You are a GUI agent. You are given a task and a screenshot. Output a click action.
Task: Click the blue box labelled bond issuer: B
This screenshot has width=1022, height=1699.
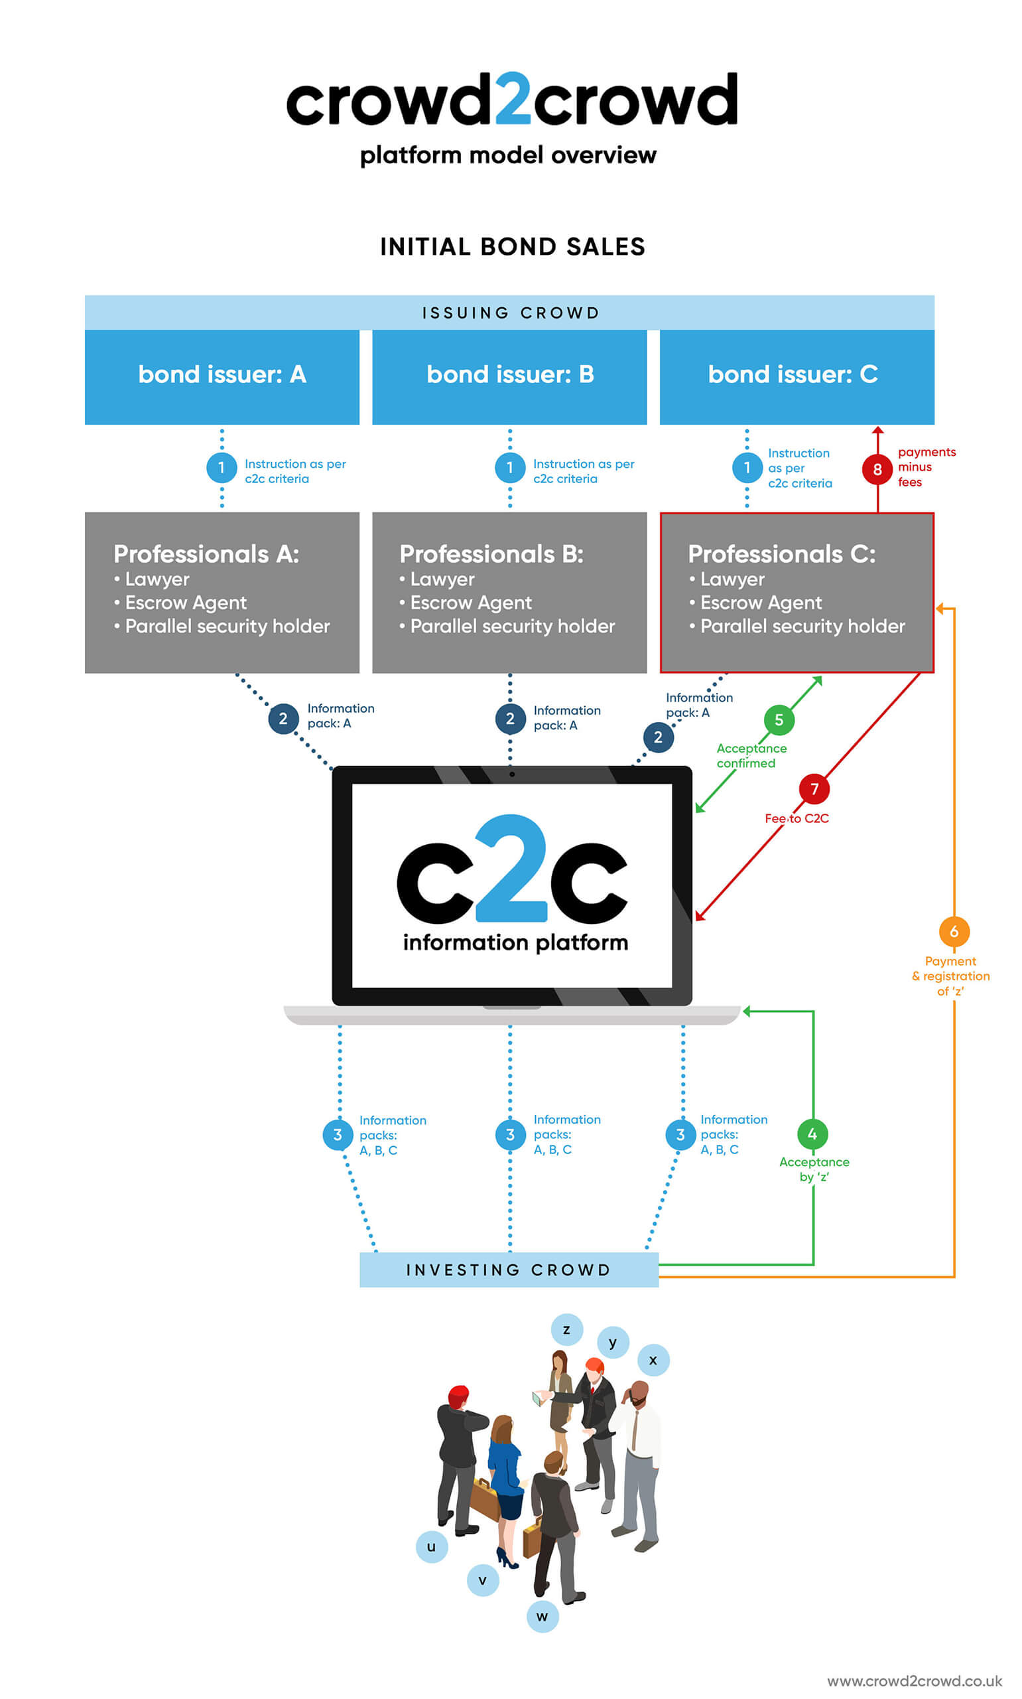tap(509, 376)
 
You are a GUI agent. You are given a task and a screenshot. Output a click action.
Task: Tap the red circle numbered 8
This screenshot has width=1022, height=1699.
tap(877, 469)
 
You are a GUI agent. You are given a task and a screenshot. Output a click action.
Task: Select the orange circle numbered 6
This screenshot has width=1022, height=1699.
tap(954, 932)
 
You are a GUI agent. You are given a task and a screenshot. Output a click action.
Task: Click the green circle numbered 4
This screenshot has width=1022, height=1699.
tap(812, 1134)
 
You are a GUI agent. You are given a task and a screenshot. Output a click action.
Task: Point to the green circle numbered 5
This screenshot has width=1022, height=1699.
tap(779, 720)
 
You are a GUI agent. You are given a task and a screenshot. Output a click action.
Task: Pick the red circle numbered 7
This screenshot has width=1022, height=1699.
tap(814, 789)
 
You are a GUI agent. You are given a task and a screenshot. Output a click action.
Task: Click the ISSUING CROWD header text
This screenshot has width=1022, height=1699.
tap(510, 313)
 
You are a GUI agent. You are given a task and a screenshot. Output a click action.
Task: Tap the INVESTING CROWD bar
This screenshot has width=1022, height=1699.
tap(509, 1270)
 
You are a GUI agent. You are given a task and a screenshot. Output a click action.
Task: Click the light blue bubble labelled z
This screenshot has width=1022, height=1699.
tap(567, 1330)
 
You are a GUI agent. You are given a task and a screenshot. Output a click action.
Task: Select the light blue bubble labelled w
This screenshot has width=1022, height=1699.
tap(542, 1616)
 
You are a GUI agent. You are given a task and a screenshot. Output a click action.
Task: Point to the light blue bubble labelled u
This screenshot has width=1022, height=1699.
tap(432, 1547)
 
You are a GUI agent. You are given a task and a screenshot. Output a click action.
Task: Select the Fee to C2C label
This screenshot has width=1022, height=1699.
tap(796, 818)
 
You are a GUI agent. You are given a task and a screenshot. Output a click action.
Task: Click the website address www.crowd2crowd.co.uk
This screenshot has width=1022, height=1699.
tap(914, 1680)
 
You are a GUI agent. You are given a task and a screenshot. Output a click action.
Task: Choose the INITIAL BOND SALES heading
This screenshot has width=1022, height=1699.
tap(513, 247)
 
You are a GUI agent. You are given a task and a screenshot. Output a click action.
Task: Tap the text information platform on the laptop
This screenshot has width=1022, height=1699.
tap(515, 942)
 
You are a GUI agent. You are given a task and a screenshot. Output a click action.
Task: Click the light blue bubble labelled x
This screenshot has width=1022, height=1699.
tap(653, 1360)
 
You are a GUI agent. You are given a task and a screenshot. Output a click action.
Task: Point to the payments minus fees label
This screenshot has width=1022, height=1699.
tap(926, 467)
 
